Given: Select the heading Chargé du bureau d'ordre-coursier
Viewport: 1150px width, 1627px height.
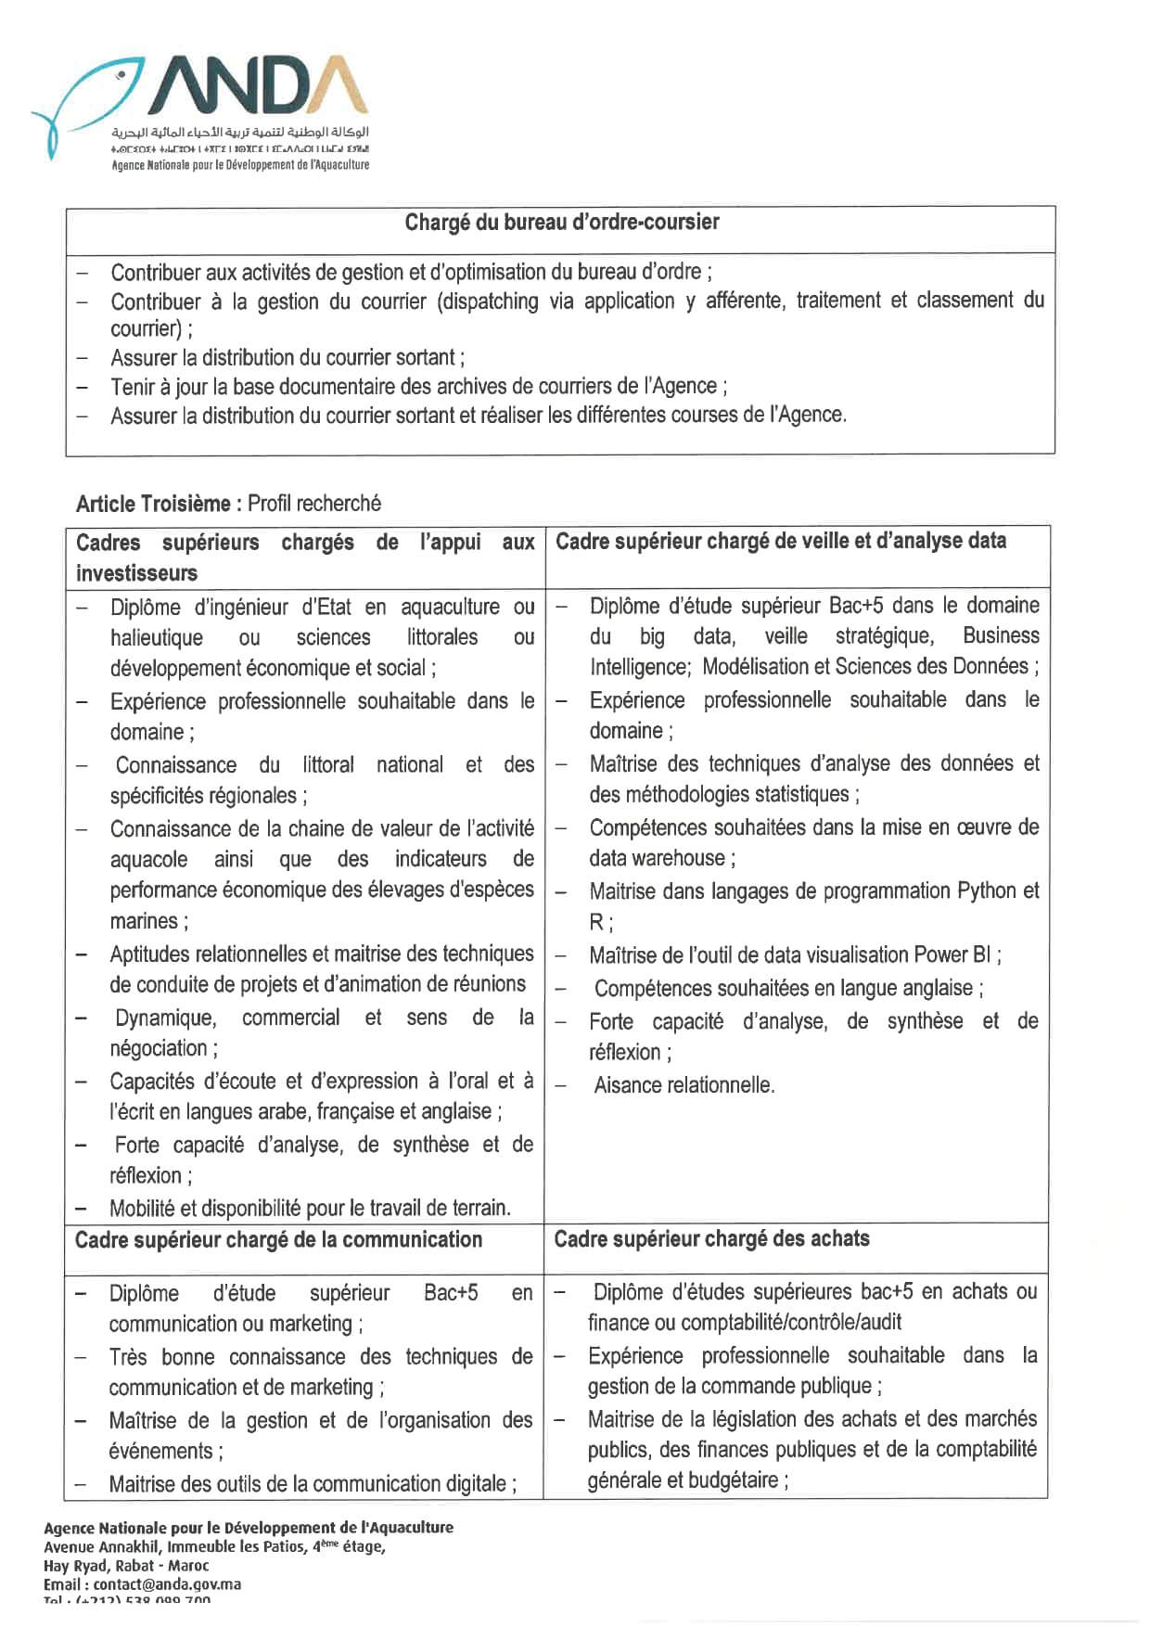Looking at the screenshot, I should pyautogui.click(x=561, y=223).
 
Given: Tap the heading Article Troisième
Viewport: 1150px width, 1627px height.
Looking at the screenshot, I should pyautogui.click(x=153, y=504).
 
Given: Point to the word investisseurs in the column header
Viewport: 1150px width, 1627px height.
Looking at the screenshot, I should pyautogui.click(x=136, y=573).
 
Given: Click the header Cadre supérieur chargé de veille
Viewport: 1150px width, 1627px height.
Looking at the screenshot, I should pyautogui.click(x=780, y=541).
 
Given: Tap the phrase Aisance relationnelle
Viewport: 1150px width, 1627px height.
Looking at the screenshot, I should pyautogui.click(x=684, y=1085).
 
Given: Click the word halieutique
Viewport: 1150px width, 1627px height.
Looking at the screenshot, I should pyautogui.click(x=156, y=638).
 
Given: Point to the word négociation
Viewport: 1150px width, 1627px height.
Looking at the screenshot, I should pyautogui.click(x=159, y=1049).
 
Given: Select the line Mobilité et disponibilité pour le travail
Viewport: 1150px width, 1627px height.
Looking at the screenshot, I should pyautogui.click(x=310, y=1209).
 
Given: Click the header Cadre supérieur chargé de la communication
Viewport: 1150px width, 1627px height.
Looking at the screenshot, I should pyautogui.click(x=278, y=1240).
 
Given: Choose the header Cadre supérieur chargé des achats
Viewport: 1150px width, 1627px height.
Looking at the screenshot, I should pyautogui.click(x=711, y=1239).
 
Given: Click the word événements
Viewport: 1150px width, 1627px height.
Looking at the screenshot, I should pyautogui.click(x=160, y=1452).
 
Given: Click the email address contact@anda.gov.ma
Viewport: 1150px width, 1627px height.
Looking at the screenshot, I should pyautogui.click(x=167, y=1584).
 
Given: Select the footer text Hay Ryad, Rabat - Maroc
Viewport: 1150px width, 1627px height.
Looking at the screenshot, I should pyautogui.click(x=126, y=1566).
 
